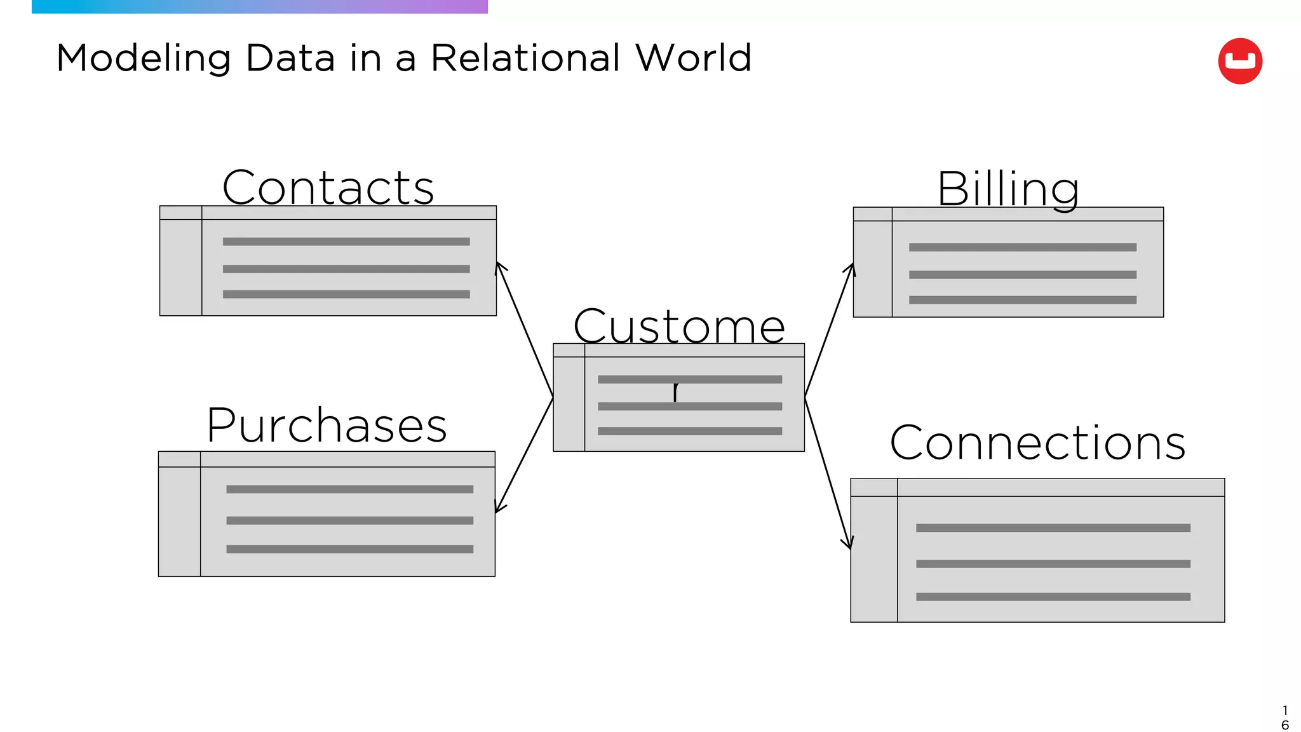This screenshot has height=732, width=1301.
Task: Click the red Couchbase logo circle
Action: pos(1239,61)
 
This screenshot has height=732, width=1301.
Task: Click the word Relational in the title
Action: pos(526,58)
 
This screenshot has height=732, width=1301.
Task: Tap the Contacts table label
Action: pos(328,187)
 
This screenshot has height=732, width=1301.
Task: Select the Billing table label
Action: pos(1008,189)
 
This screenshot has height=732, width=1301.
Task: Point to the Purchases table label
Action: pos(327,425)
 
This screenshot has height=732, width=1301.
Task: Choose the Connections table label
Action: pos(1037,442)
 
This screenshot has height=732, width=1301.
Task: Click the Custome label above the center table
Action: pos(678,326)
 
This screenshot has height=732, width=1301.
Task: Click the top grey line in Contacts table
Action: pos(346,241)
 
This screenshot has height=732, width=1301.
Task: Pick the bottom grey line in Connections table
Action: pos(1053,597)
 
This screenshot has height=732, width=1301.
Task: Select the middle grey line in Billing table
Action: pos(1022,274)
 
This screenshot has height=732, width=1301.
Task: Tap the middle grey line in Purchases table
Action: pos(349,520)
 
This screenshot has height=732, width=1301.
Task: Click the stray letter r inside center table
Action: pos(677,391)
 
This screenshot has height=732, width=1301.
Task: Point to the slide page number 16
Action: pos(1284,717)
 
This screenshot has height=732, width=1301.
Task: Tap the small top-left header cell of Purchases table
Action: pos(179,459)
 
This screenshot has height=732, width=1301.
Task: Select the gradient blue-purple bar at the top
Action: pos(259,6)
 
